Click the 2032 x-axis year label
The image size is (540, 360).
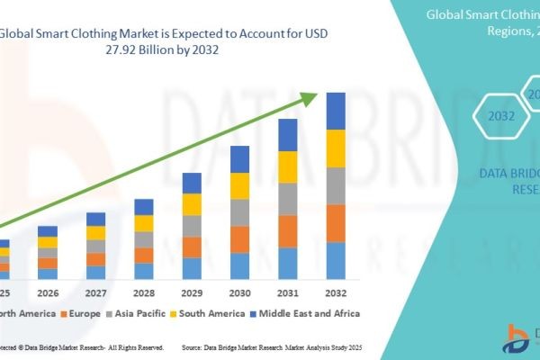(335, 292)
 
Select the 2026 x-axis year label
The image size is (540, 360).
(47, 292)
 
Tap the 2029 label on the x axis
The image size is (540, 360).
(191, 292)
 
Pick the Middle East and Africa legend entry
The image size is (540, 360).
(306, 313)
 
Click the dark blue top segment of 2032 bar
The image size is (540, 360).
(336, 111)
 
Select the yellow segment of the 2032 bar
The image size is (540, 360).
(336, 148)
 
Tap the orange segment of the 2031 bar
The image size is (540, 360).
(287, 231)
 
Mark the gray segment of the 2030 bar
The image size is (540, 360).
(239, 212)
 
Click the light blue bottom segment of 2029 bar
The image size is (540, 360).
(192, 268)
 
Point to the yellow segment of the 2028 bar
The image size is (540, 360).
(144, 223)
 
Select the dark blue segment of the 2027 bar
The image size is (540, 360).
(95, 219)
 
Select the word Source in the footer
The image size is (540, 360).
(195, 346)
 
